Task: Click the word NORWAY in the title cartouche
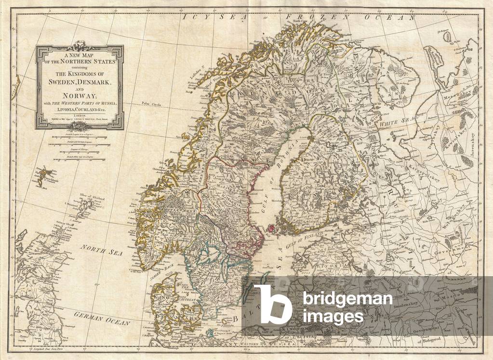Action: click(80, 95)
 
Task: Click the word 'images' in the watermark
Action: click(332, 316)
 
